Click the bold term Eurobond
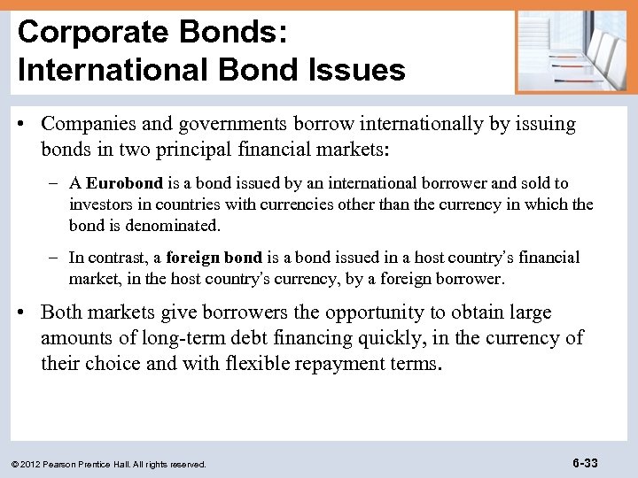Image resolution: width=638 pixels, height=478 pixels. click(x=125, y=183)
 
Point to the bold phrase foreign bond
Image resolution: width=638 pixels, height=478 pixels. click(x=214, y=258)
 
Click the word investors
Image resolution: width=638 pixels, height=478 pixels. click(x=102, y=204)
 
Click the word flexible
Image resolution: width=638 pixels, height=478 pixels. click(x=250, y=363)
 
